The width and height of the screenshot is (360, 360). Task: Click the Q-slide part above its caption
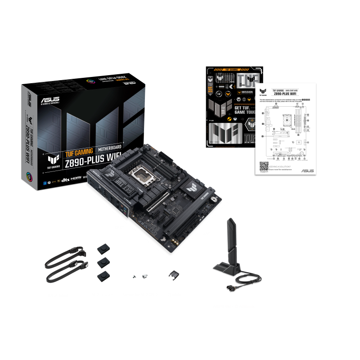point(173,274)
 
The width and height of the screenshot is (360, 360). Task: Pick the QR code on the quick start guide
point(264,166)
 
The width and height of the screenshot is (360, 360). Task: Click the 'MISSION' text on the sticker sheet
point(247,93)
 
